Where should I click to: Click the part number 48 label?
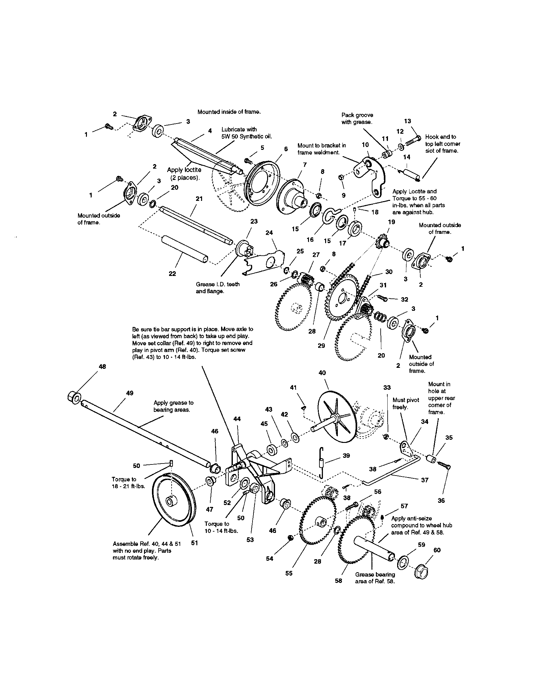pyautogui.click(x=102, y=367)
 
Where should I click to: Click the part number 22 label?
pyautogui.click(x=172, y=273)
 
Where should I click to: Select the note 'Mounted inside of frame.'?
pyautogui.click(x=229, y=112)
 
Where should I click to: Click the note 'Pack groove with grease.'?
pyautogui.click(x=357, y=118)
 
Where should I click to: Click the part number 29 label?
pyautogui.click(x=321, y=345)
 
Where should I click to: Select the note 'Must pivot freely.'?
pyautogui.click(x=405, y=403)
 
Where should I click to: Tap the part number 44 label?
pyautogui.click(x=237, y=419)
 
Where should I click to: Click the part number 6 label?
pyautogui.click(x=286, y=149)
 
